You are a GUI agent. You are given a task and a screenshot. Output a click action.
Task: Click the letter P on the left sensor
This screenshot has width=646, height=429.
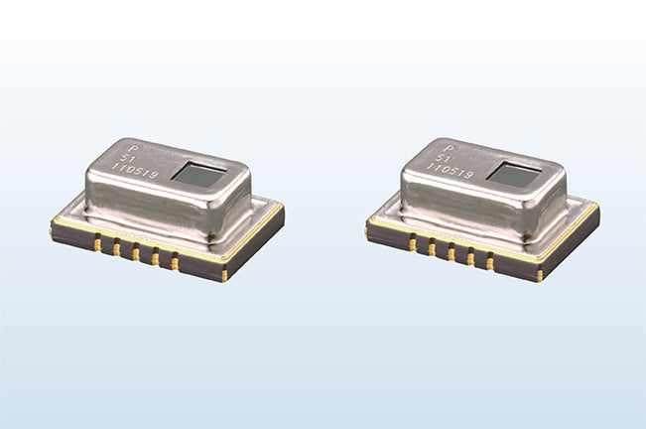[x=133, y=148]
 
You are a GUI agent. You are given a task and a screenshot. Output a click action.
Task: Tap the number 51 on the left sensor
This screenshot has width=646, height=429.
[x=126, y=158]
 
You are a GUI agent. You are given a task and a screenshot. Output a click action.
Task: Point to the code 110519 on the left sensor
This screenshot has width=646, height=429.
[x=135, y=170]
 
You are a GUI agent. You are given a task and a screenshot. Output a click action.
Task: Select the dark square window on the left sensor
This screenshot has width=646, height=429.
[x=199, y=175]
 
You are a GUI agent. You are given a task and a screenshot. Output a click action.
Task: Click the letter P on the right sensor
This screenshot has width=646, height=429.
[x=449, y=149]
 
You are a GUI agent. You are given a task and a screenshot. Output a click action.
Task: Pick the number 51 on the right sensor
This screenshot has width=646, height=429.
[x=442, y=158]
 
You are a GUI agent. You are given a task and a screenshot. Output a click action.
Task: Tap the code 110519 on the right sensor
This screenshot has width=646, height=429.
[x=450, y=171]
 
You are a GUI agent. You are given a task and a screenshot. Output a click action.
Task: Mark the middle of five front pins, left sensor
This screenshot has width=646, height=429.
[x=136, y=252]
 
